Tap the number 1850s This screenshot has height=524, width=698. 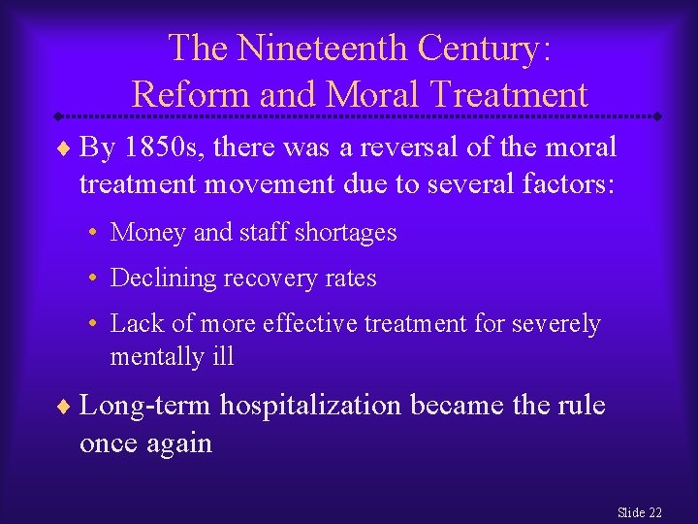(x=169, y=147)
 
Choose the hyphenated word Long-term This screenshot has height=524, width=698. (x=145, y=405)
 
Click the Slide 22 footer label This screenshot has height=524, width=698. (x=640, y=512)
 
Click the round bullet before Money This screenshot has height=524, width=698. (x=90, y=234)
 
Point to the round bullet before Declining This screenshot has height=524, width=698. (x=90, y=279)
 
